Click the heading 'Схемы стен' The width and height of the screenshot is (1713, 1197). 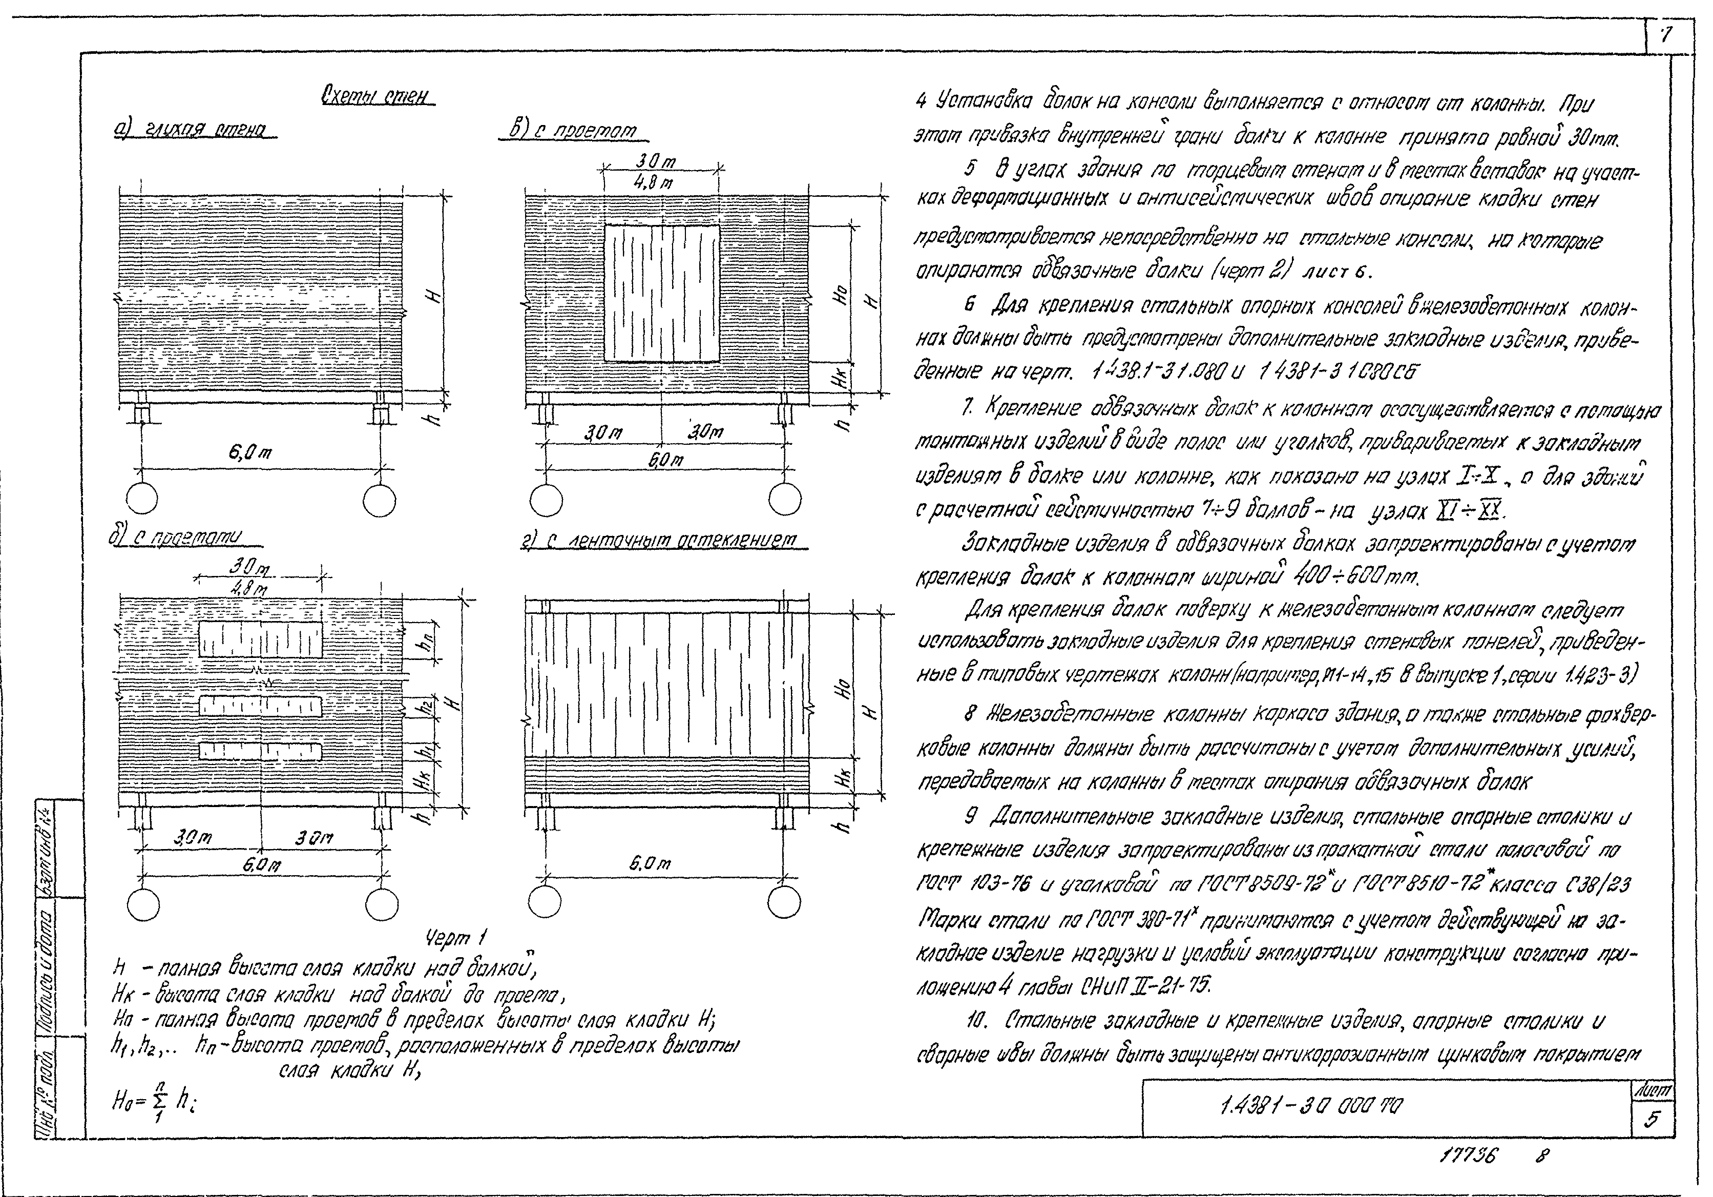click(378, 96)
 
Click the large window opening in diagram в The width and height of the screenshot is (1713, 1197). click(662, 293)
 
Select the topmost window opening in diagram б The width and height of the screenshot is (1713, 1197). click(260, 638)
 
